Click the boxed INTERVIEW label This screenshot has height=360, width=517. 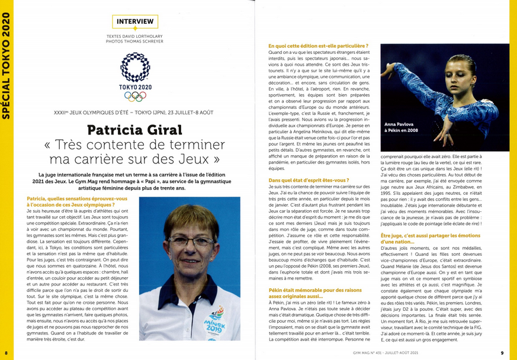135,22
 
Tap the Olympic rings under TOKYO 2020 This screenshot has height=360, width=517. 135,96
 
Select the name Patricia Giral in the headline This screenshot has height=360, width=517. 135,129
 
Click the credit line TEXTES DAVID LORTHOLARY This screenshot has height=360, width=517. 135,37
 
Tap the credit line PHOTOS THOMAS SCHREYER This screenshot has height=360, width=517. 135,43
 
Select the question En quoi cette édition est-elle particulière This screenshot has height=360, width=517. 318,46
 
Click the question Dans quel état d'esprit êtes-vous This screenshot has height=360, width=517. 309,179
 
